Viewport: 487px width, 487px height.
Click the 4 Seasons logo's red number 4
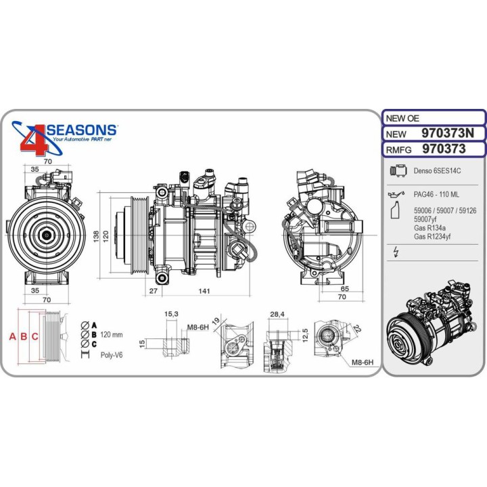coord(34,139)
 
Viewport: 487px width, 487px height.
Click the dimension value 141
coord(204,291)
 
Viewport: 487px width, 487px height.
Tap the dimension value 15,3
coord(171,314)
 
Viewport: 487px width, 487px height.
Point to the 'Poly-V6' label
coord(112,355)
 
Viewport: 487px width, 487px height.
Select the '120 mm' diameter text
coord(112,335)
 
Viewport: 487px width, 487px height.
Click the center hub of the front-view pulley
coord(47,233)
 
